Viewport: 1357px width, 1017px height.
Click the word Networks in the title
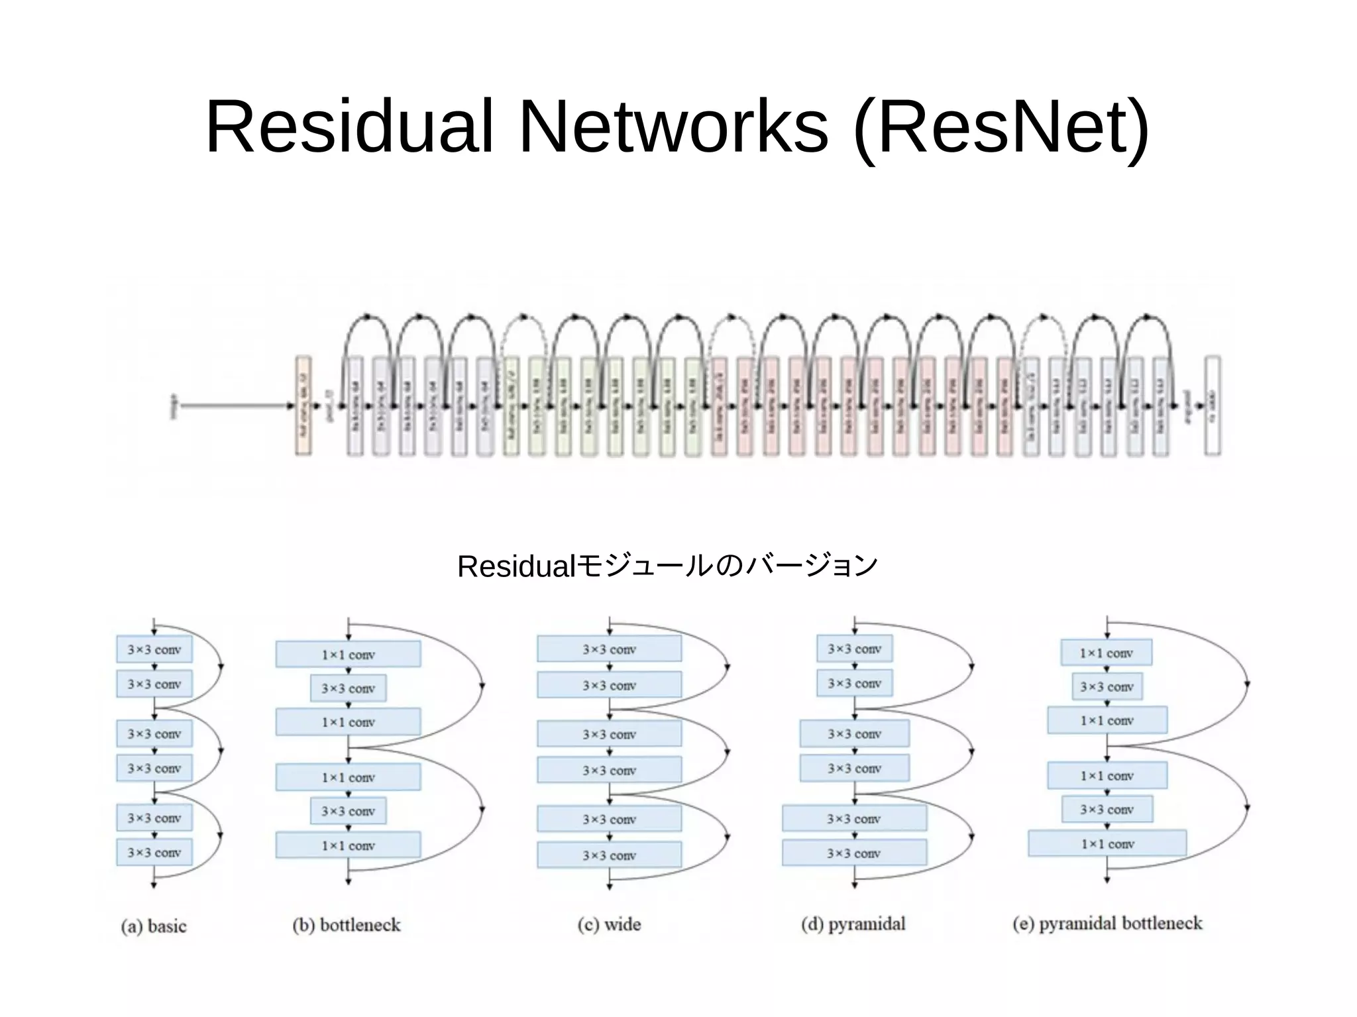(673, 127)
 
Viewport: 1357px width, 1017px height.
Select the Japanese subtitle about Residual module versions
(667, 566)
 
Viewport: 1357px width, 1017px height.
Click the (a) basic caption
(154, 926)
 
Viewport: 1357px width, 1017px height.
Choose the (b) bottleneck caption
(347, 925)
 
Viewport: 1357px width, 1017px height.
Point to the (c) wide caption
(609, 924)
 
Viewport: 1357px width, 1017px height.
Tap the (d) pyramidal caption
(853, 924)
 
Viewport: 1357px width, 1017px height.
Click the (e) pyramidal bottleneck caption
(1107, 923)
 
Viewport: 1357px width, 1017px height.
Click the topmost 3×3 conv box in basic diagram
(154, 649)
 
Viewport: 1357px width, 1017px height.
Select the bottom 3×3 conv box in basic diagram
(154, 852)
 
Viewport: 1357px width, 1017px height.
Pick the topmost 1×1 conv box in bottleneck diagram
(348, 655)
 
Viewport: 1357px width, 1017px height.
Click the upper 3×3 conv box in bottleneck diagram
(348, 688)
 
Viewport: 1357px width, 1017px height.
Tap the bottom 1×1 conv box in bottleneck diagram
(348, 845)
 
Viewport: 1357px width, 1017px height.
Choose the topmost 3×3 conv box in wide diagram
(609, 649)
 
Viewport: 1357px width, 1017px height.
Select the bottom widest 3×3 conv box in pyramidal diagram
(854, 853)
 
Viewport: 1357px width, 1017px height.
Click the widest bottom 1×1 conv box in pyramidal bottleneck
(1107, 844)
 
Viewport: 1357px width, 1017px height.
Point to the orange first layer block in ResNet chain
(303, 405)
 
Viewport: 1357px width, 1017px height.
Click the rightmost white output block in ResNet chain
(1212, 405)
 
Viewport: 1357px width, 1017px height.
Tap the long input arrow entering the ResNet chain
(235, 405)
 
